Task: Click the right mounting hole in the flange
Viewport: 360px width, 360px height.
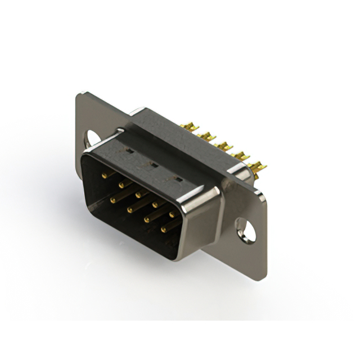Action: [x=245, y=229]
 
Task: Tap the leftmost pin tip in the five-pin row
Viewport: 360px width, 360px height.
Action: [x=103, y=175]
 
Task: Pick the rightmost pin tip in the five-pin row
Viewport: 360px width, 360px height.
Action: [x=172, y=214]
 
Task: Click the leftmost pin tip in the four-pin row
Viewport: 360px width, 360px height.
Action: [x=113, y=200]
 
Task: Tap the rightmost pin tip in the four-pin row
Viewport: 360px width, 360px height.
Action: [x=164, y=229]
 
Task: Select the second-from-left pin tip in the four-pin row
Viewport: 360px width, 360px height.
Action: [x=129, y=209]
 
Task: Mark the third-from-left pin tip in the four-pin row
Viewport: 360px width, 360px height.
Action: [x=146, y=219]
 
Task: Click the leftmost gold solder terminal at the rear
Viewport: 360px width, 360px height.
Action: [x=191, y=128]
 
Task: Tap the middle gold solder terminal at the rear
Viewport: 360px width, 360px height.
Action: [x=225, y=146]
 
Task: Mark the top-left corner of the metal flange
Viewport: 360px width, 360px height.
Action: [x=79, y=93]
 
